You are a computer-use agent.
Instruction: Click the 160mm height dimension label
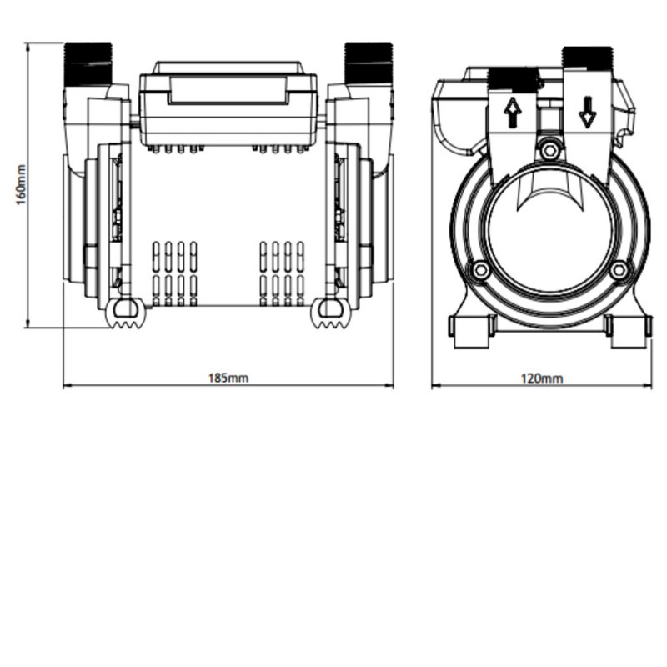click(x=22, y=185)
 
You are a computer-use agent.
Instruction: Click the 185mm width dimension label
click(x=228, y=378)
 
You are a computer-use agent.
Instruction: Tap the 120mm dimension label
click(x=542, y=378)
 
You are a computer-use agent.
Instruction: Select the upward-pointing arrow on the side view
click(x=513, y=113)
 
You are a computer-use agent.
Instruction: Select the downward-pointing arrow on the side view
click(x=587, y=111)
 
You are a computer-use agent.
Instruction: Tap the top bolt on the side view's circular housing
click(x=548, y=150)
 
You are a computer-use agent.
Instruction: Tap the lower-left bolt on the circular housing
click(x=479, y=271)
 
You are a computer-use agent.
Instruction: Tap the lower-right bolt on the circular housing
click(x=618, y=271)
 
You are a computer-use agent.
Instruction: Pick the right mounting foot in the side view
click(x=627, y=330)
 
